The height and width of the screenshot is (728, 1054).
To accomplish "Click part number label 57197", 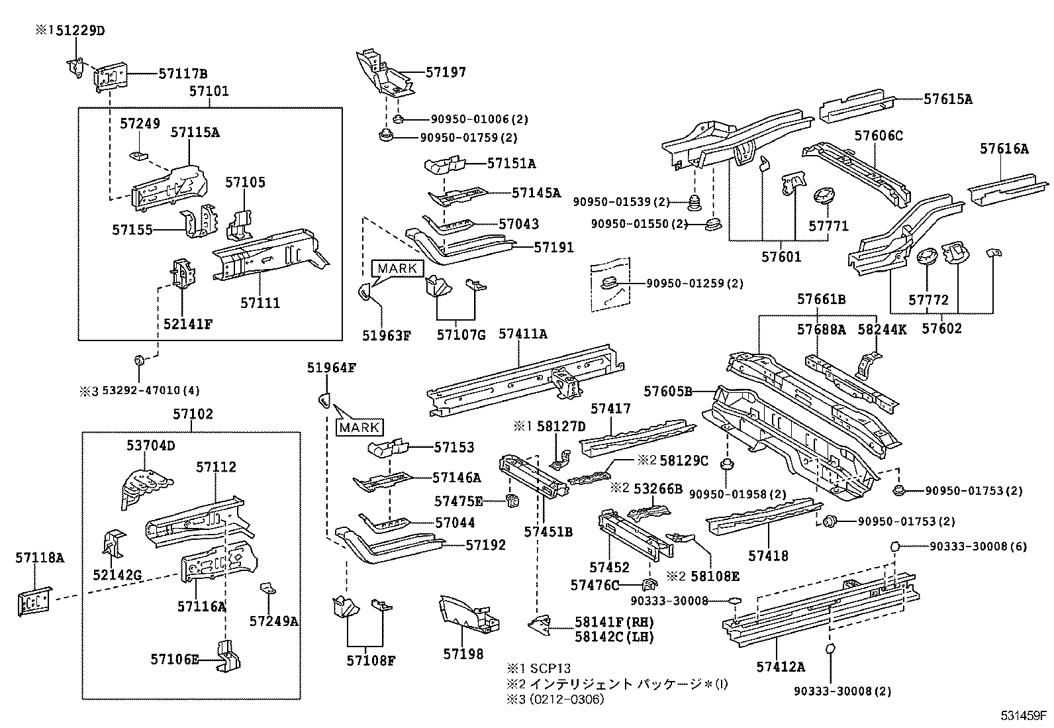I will (446, 73).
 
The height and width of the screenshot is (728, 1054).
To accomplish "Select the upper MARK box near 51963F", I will (398, 268).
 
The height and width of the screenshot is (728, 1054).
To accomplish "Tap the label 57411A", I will (522, 334).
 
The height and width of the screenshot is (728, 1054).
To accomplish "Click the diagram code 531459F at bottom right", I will (1023, 716).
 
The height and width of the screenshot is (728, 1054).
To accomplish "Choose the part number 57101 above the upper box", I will (209, 91).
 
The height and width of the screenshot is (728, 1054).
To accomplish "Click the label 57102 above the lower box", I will (193, 415).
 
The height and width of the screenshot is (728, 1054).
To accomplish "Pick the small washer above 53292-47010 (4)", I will (139, 360).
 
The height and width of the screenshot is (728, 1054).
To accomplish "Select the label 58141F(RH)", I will (614, 622).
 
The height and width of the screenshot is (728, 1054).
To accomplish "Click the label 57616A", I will (1004, 150).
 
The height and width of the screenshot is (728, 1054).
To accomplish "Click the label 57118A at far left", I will (40, 558).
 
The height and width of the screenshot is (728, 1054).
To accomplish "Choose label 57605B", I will (668, 391).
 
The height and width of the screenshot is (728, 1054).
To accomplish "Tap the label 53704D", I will (150, 446).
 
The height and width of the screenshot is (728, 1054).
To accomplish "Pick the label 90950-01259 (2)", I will (695, 284).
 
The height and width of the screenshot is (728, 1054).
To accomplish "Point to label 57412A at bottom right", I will (780, 666).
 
